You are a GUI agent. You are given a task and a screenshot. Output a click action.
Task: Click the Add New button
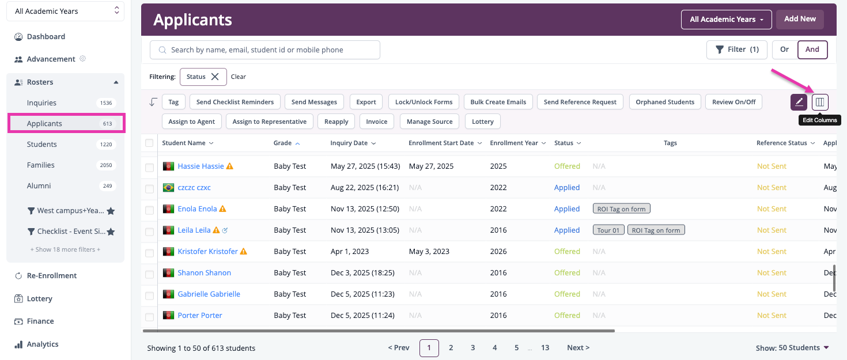click(x=800, y=19)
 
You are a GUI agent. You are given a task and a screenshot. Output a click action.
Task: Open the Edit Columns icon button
click(x=820, y=102)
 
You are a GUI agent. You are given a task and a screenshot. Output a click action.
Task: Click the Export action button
click(x=366, y=102)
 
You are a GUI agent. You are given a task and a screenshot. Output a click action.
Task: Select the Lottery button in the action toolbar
click(x=482, y=122)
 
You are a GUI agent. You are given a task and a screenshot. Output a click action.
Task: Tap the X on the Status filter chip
click(x=215, y=77)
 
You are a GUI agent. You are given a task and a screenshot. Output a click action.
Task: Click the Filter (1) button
click(x=736, y=50)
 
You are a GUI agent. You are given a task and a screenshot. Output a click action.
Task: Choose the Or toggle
click(x=785, y=50)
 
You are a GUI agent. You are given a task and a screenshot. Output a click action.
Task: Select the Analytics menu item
click(x=43, y=344)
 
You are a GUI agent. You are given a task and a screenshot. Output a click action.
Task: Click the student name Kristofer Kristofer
click(x=207, y=252)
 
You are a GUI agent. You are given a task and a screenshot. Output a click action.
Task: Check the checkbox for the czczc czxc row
click(x=149, y=188)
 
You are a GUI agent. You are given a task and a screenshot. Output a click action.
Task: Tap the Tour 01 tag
click(x=608, y=230)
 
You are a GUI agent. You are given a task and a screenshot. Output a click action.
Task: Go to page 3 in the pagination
click(x=472, y=348)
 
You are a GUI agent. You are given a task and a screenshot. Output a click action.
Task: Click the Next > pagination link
click(x=578, y=348)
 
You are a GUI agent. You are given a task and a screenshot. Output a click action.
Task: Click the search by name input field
click(x=264, y=50)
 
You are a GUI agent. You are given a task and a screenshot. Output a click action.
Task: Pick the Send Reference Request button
click(x=580, y=102)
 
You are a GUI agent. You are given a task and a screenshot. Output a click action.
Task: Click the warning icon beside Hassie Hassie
click(x=229, y=166)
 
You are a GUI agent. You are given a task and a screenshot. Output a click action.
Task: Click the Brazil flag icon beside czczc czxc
click(x=168, y=188)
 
